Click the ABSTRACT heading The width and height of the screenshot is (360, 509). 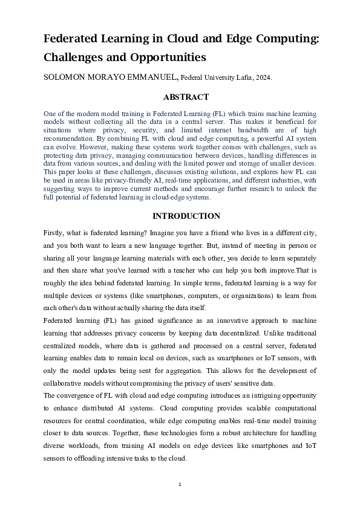click(x=186, y=97)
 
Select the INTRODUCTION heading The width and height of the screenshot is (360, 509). click(x=186, y=216)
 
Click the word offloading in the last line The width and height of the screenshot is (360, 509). click(x=92, y=459)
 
